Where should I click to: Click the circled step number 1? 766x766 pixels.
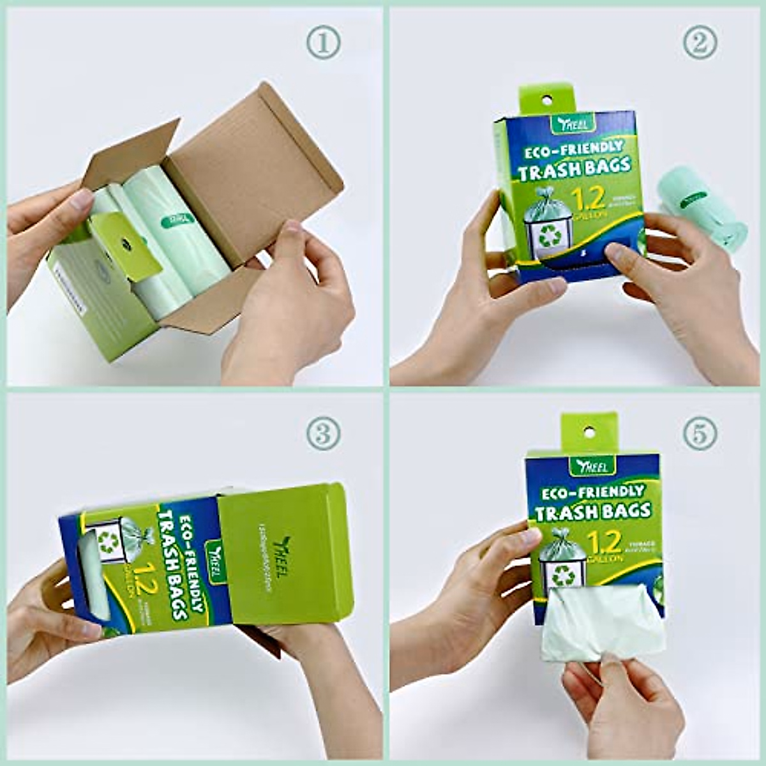tap(324, 43)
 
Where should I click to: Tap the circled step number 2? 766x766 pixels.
tap(700, 43)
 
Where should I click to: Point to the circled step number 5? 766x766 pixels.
tap(700, 434)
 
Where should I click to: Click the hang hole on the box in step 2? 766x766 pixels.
tap(546, 100)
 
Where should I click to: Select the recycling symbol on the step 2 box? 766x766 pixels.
tap(548, 236)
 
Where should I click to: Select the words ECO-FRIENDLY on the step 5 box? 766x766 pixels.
tap(592, 492)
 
